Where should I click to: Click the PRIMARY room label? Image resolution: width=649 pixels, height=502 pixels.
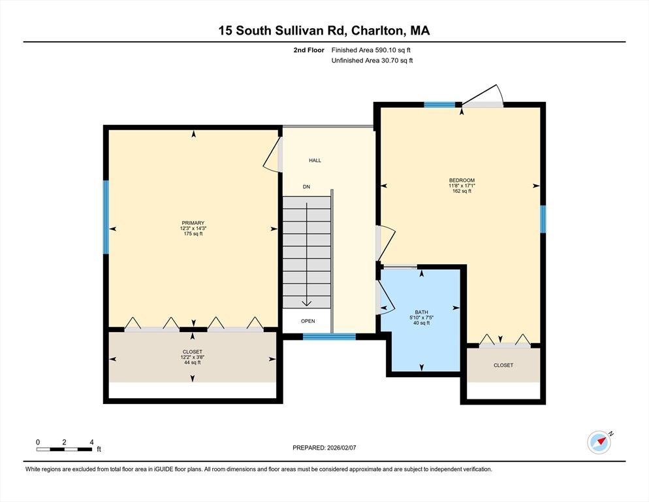[x=193, y=223]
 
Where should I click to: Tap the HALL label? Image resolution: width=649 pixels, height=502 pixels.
[x=315, y=160]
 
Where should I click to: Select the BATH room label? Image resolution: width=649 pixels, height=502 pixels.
[x=422, y=312]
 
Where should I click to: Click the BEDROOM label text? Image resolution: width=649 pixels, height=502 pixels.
[x=461, y=180]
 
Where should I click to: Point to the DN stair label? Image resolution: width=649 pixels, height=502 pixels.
[x=306, y=187]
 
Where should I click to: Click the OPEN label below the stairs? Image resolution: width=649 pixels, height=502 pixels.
[x=308, y=321]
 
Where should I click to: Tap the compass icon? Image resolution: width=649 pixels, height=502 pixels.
[x=599, y=443]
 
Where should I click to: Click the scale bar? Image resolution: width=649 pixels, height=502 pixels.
[x=64, y=449]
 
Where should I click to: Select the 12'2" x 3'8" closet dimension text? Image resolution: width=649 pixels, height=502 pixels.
[x=192, y=357]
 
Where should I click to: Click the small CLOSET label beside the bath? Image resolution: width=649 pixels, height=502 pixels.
[x=503, y=365]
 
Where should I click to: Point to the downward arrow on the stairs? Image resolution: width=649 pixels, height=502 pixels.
[x=306, y=301]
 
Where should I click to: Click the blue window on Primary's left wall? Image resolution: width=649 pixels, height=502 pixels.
[x=106, y=217]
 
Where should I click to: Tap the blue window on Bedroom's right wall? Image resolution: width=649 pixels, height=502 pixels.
[x=543, y=219]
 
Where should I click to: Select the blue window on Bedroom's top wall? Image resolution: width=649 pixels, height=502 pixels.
[x=439, y=105]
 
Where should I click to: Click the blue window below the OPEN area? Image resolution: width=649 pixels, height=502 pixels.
[x=329, y=337]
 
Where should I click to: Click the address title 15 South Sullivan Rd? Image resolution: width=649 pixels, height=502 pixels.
[x=324, y=31]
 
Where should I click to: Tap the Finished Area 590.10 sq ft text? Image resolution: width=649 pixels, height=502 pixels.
[x=372, y=50]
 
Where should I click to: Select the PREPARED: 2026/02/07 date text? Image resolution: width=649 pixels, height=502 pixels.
[x=324, y=448]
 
